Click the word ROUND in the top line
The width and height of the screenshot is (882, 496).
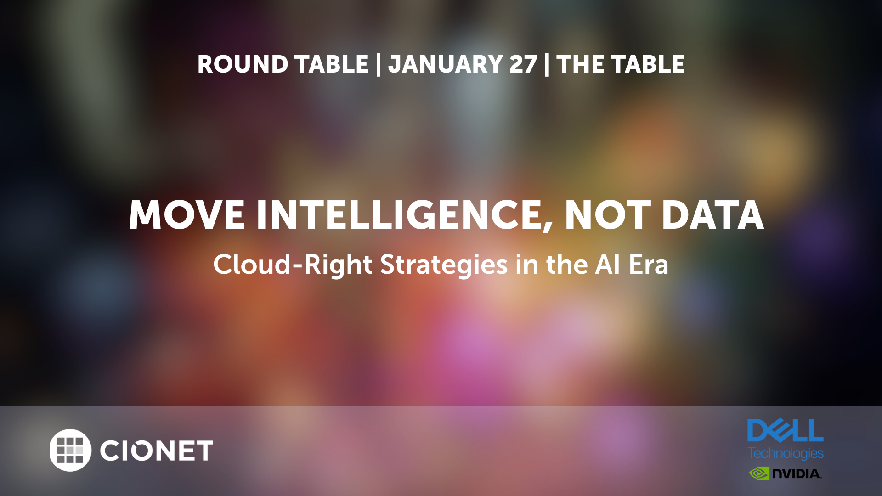(x=243, y=64)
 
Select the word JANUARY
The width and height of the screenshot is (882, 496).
(x=446, y=65)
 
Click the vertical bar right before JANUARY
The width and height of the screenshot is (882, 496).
(x=378, y=64)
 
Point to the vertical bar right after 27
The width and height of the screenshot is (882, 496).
(x=547, y=64)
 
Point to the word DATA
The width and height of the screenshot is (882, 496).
(x=713, y=215)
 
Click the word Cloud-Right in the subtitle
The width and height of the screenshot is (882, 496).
(x=293, y=265)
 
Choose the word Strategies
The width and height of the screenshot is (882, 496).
(x=444, y=265)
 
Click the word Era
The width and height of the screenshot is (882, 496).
(x=648, y=265)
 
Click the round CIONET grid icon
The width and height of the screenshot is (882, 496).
(x=70, y=450)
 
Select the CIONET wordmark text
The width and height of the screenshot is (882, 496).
(x=156, y=451)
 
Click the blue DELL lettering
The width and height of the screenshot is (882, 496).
(x=786, y=430)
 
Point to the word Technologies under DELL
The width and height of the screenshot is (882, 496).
(x=786, y=453)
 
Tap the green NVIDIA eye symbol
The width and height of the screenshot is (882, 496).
(x=759, y=473)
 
